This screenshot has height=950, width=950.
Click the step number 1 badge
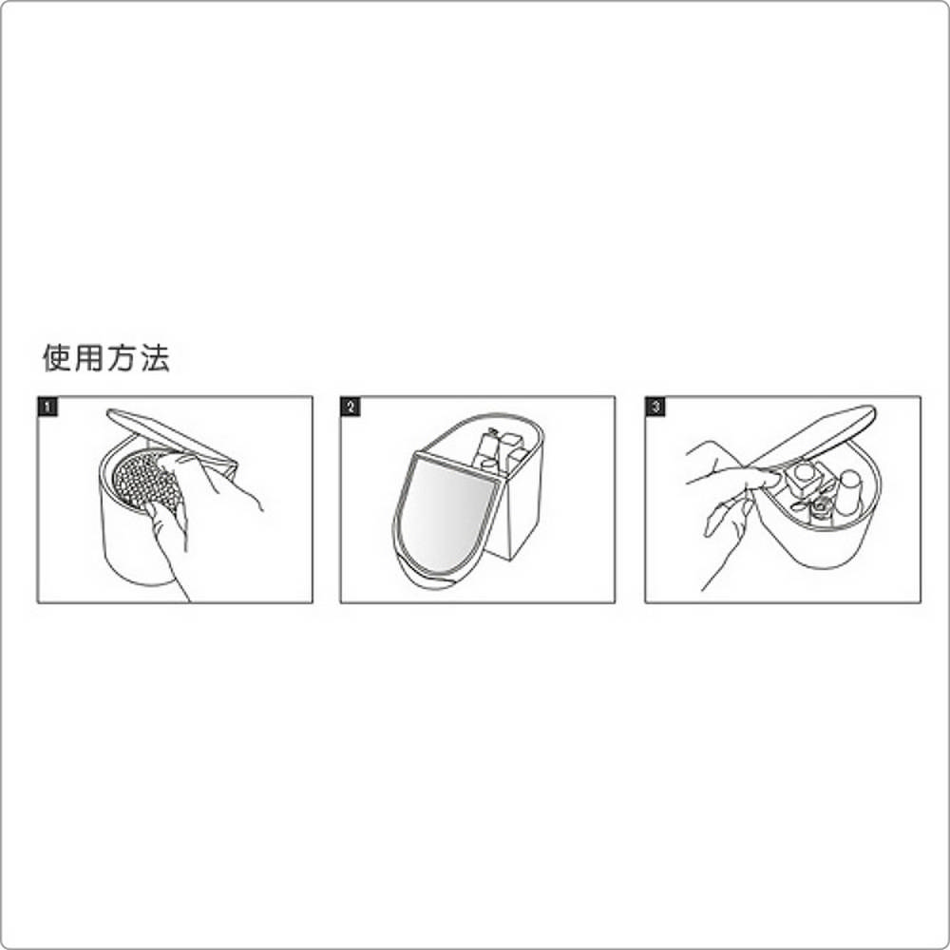(x=47, y=408)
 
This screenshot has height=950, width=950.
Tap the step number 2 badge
(x=351, y=408)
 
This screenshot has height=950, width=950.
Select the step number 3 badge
(x=655, y=408)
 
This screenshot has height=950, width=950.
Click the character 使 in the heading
(x=58, y=358)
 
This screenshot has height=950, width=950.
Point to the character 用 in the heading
(x=89, y=358)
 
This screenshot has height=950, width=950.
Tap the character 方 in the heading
(x=122, y=358)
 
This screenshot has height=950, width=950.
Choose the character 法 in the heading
(x=154, y=358)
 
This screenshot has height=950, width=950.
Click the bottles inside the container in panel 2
(x=501, y=454)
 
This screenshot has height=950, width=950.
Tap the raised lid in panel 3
(x=812, y=436)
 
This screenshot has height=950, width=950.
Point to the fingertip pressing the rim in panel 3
(x=769, y=481)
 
